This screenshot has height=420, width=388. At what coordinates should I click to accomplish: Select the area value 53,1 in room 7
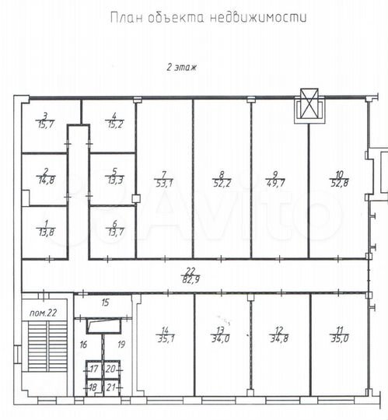(163, 184)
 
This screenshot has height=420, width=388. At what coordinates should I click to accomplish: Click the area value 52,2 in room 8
(222, 184)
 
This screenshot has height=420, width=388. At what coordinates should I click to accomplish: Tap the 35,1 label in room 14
(165, 338)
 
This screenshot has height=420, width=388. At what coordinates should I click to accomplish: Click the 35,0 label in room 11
(337, 338)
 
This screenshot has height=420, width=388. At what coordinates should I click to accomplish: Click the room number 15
(106, 302)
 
